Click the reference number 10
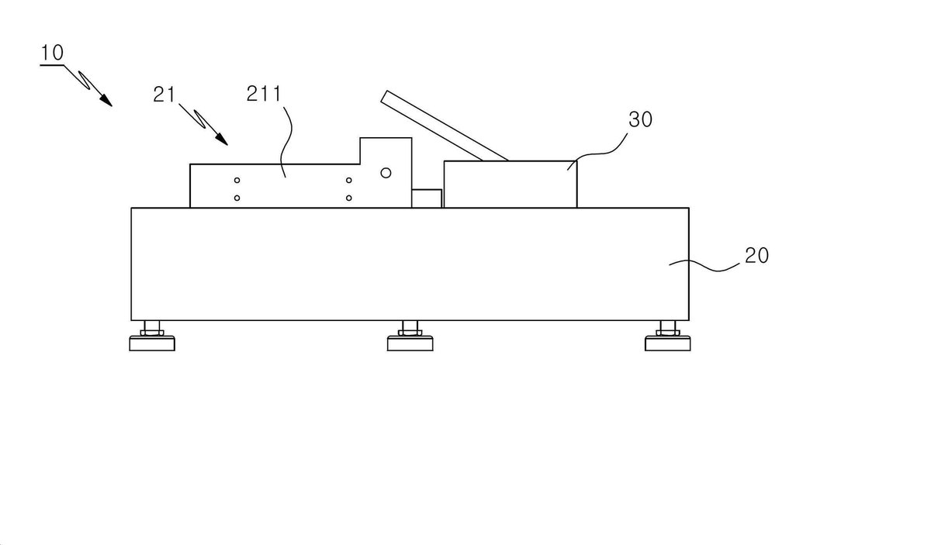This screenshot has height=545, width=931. tap(52, 53)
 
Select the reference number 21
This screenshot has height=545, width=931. tap(164, 95)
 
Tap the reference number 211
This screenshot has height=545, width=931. tap(264, 94)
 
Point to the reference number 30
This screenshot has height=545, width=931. tap(640, 119)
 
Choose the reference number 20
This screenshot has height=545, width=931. tap(756, 256)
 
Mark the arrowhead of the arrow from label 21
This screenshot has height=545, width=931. tap(222, 140)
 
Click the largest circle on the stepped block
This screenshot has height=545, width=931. tap(386, 173)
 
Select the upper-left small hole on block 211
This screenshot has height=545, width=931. tap(237, 181)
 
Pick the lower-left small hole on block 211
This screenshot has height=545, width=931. tap(237, 198)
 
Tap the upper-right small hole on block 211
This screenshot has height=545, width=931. tap(348, 181)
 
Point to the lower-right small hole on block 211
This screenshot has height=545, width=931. tap(348, 198)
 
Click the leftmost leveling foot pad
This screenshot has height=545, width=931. tap(152, 343)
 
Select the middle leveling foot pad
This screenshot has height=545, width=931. tap(410, 343)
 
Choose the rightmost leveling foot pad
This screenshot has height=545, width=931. tap(668, 343)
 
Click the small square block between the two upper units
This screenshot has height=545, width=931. tap(427, 198)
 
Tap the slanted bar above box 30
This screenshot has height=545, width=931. tap(445, 126)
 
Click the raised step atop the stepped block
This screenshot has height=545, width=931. tap(386, 151)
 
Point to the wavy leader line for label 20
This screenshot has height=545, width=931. tap(704, 266)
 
